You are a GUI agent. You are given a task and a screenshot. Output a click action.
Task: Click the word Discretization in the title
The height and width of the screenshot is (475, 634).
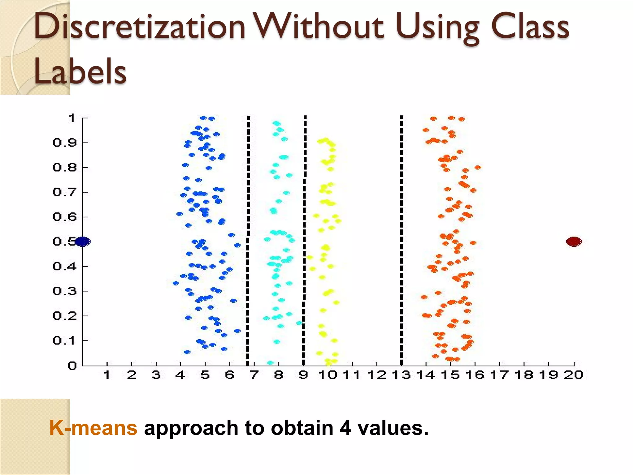[139, 27]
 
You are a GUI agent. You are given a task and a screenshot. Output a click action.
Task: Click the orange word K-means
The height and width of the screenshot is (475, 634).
[93, 428]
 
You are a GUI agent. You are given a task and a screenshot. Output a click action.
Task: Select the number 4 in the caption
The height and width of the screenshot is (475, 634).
[345, 428]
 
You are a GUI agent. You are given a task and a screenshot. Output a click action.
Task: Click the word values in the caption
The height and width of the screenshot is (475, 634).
[393, 428]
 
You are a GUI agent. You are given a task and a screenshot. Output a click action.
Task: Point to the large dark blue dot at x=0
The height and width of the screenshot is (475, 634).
[83, 242]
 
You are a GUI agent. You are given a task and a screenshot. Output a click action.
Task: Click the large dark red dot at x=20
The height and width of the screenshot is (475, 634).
[574, 242]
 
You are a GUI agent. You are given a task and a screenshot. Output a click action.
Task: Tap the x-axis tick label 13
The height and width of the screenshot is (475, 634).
[401, 375]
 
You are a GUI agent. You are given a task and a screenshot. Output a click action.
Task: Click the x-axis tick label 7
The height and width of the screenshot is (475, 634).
[254, 375]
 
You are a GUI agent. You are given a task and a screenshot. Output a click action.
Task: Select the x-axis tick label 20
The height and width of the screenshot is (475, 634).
[574, 375]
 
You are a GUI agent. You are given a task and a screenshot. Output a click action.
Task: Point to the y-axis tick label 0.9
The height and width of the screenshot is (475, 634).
[64, 143]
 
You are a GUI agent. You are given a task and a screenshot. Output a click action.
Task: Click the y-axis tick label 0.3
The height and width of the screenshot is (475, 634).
[64, 291]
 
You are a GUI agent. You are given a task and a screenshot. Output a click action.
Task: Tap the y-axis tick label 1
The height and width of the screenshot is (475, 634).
[72, 118]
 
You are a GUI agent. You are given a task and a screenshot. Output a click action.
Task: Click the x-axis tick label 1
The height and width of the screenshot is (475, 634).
[107, 375]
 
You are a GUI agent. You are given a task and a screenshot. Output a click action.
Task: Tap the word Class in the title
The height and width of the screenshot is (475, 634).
[530, 27]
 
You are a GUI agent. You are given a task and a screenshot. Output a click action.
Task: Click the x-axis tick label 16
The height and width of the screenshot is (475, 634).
[475, 375]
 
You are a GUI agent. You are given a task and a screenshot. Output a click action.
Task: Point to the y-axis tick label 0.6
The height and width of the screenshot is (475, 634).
[64, 217]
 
